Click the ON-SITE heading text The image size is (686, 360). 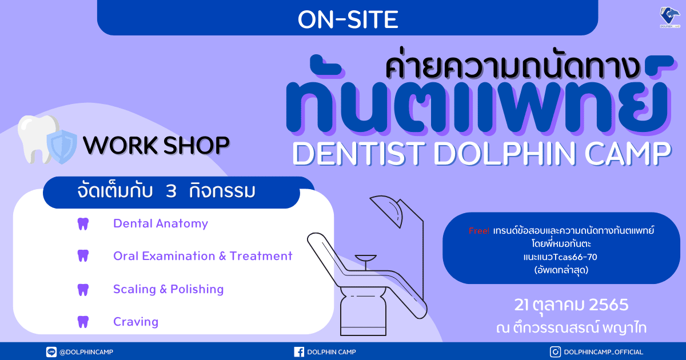[x=348, y=19]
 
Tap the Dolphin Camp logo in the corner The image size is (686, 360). [x=670, y=17]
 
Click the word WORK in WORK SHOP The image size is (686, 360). [x=121, y=145]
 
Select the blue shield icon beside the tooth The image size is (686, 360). [x=62, y=146]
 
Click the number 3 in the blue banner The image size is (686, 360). [x=171, y=191]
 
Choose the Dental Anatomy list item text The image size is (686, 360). [x=161, y=223]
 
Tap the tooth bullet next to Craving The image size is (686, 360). [x=83, y=322]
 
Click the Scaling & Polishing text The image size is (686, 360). [x=169, y=289]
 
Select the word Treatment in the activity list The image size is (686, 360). [x=261, y=256]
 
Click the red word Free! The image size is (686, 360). [x=479, y=231]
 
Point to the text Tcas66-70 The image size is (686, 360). [x=575, y=257]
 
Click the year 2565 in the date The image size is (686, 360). [x=608, y=305]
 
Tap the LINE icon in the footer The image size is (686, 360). [x=51, y=352]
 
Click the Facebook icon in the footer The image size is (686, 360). [x=299, y=352]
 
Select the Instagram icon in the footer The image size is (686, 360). [x=555, y=352]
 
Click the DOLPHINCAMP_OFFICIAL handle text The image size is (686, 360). [x=603, y=352]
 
